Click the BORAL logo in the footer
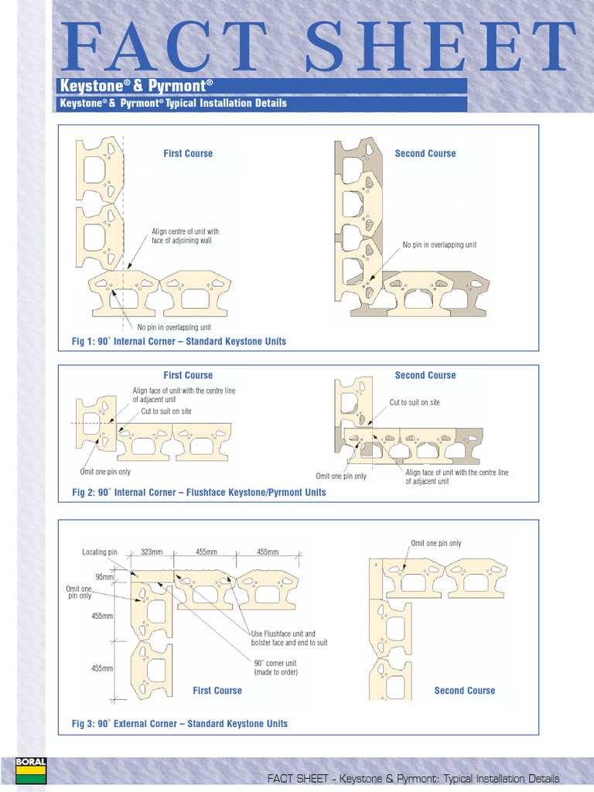30,773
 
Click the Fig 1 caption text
179,341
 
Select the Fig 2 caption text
199,492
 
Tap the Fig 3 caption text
179,724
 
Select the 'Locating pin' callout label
100,552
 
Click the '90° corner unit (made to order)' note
275,667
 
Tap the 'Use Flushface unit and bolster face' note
288,638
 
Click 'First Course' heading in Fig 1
188,153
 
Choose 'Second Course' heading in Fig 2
425,375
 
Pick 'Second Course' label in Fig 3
464,691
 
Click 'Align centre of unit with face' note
185,236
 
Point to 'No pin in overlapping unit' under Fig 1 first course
174,327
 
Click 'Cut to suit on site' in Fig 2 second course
415,402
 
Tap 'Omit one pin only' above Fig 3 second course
435,543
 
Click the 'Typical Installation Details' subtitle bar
173,103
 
